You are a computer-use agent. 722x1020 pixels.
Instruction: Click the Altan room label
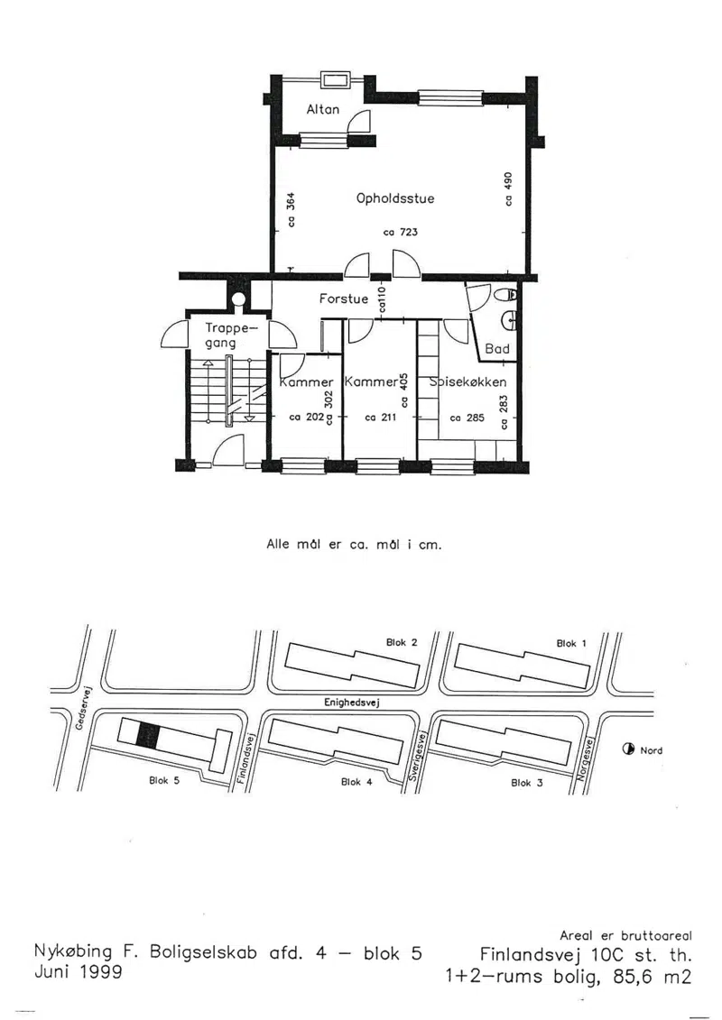pos(323,109)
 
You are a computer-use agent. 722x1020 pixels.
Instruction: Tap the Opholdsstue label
pos(395,198)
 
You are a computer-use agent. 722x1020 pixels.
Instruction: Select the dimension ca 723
pos(401,232)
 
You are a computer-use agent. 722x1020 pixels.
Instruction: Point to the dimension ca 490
pos(508,188)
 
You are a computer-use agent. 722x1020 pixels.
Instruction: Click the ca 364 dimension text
pos(291,209)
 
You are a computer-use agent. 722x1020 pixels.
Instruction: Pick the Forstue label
pos(344,299)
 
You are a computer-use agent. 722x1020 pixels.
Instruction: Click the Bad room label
pos(496,349)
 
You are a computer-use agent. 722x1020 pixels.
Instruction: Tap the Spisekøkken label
pos(468,381)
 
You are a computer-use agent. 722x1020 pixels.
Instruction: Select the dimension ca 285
pos(467,418)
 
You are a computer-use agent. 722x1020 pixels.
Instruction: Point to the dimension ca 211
pos(380,418)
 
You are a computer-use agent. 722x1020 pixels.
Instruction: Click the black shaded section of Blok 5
pos(148,735)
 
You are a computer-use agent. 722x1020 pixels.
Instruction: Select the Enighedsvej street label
pos(352,703)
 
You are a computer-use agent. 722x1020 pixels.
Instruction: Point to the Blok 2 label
pos(402,643)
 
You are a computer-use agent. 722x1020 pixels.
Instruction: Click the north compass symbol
pos(628,749)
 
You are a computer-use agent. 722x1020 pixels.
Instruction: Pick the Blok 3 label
pos(527,783)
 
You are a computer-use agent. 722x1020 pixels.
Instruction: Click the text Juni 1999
pos(78,972)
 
